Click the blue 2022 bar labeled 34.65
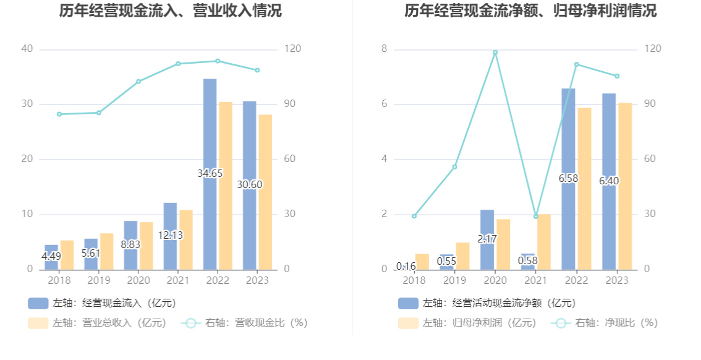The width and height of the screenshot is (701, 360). coord(210,174)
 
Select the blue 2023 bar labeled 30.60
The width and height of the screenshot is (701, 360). coord(250,185)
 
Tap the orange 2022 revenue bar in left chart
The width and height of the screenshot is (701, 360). coord(226,186)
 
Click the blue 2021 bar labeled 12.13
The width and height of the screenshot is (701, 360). coord(170,236)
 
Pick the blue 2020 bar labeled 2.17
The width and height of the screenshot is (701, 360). coord(487,239)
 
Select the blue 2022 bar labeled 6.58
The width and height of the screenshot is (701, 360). coord(568,179)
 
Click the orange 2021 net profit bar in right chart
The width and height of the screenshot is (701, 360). coord(543,241)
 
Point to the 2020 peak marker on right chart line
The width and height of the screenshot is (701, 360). coord(495,53)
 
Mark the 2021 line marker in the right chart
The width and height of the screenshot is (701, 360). coord(536,216)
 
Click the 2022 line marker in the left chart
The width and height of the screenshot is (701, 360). coord(218,61)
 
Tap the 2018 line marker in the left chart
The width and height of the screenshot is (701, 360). coord(59,114)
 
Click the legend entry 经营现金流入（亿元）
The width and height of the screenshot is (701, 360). coord(102,303)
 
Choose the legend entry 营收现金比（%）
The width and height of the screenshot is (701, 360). coord(245,323)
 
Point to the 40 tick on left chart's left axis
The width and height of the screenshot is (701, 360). coord(27,49)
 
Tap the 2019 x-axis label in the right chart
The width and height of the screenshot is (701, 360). coord(454,281)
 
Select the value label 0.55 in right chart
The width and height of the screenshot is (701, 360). coord(446,261)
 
